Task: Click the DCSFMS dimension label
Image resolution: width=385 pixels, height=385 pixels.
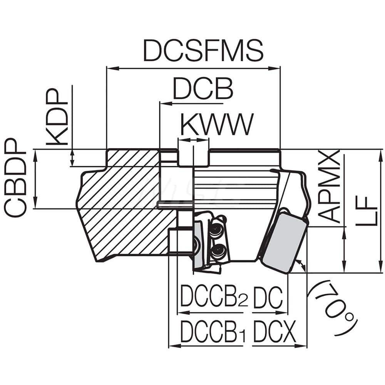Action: tap(203, 50)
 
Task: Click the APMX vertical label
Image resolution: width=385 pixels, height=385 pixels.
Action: tap(329, 187)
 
